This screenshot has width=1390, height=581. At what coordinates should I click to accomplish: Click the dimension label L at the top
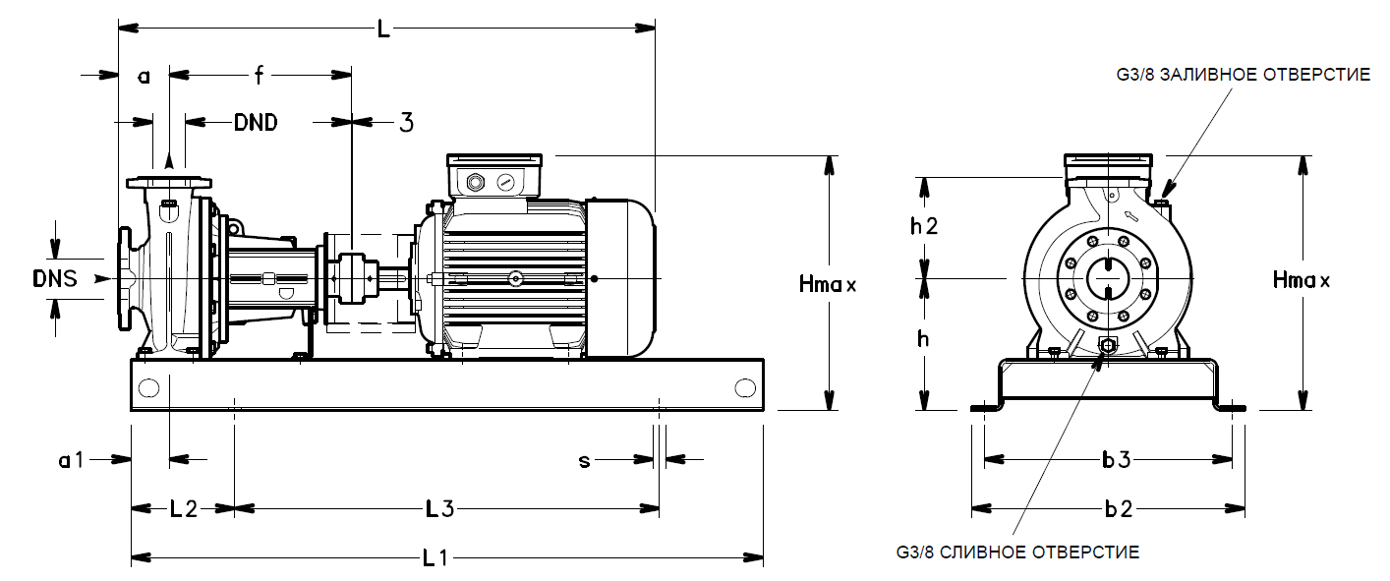pos(383,29)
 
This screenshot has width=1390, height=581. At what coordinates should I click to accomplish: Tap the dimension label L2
pos(183,509)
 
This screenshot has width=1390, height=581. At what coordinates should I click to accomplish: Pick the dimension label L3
pos(438,509)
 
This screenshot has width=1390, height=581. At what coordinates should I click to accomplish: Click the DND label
pos(256,122)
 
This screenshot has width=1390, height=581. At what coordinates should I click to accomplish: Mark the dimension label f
pos(259,74)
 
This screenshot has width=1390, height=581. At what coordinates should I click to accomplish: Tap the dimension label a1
pos(72,459)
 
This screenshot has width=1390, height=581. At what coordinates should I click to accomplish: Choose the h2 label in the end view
pos(923,226)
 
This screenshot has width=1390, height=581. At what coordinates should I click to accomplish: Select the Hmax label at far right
pos(1302,280)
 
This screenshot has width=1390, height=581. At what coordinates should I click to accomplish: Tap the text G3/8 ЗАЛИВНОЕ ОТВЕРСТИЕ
pos(1243,75)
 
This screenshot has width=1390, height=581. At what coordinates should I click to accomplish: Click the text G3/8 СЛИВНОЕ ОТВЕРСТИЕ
pos(1017,552)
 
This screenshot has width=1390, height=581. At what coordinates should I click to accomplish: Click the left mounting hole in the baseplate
pos(148,387)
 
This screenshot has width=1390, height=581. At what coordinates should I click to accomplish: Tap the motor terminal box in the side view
pos(494,177)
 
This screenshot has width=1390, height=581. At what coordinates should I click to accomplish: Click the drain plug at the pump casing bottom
pos(1107,346)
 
